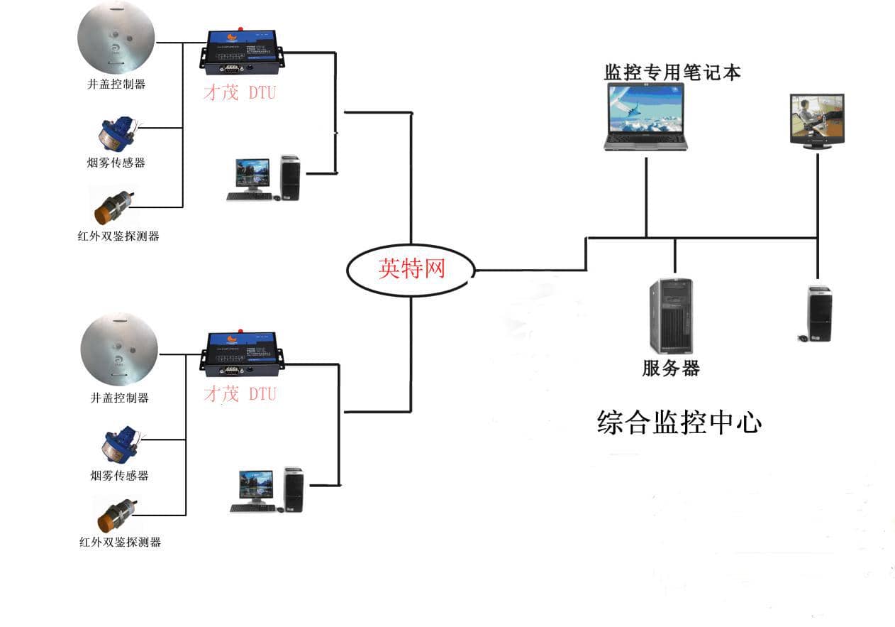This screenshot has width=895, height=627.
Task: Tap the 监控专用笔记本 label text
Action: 672,72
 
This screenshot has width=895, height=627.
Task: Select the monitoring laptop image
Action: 645,116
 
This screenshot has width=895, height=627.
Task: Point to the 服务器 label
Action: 671,369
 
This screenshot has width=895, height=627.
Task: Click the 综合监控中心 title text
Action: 679,422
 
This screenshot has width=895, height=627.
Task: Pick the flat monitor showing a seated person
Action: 817,121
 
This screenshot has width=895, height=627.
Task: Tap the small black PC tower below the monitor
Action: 818,313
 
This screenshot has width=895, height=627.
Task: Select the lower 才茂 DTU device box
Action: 243,353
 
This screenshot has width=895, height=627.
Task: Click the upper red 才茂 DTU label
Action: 240,92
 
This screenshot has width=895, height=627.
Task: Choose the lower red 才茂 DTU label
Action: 240,394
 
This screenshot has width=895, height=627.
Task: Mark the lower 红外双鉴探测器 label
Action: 120,543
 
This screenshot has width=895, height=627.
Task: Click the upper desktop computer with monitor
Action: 264,178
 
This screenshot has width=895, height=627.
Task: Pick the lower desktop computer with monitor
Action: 267,490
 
